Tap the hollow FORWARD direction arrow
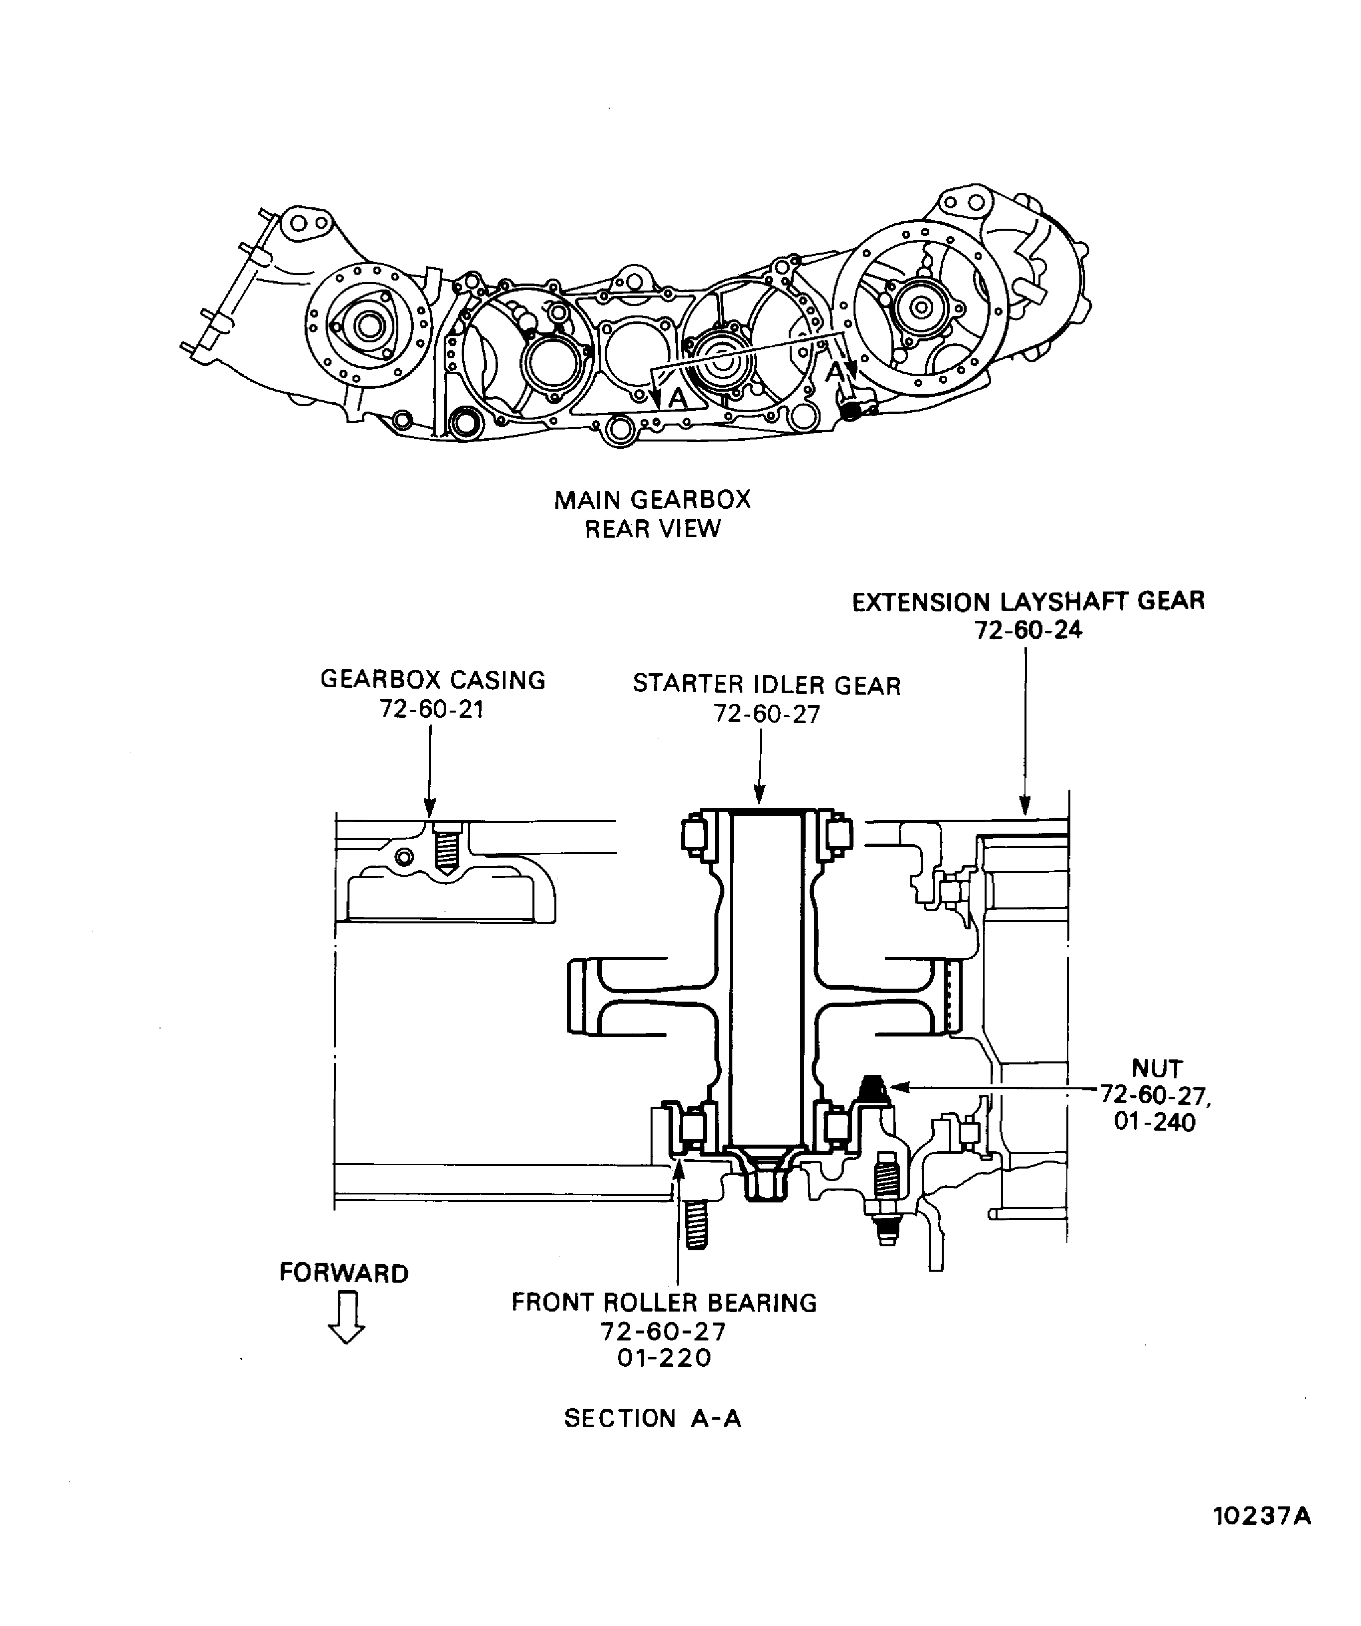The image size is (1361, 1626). tap(346, 1320)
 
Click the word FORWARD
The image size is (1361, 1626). tap(344, 1274)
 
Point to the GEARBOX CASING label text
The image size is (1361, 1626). tap(433, 680)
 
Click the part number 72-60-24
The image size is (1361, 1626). tap(1028, 630)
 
